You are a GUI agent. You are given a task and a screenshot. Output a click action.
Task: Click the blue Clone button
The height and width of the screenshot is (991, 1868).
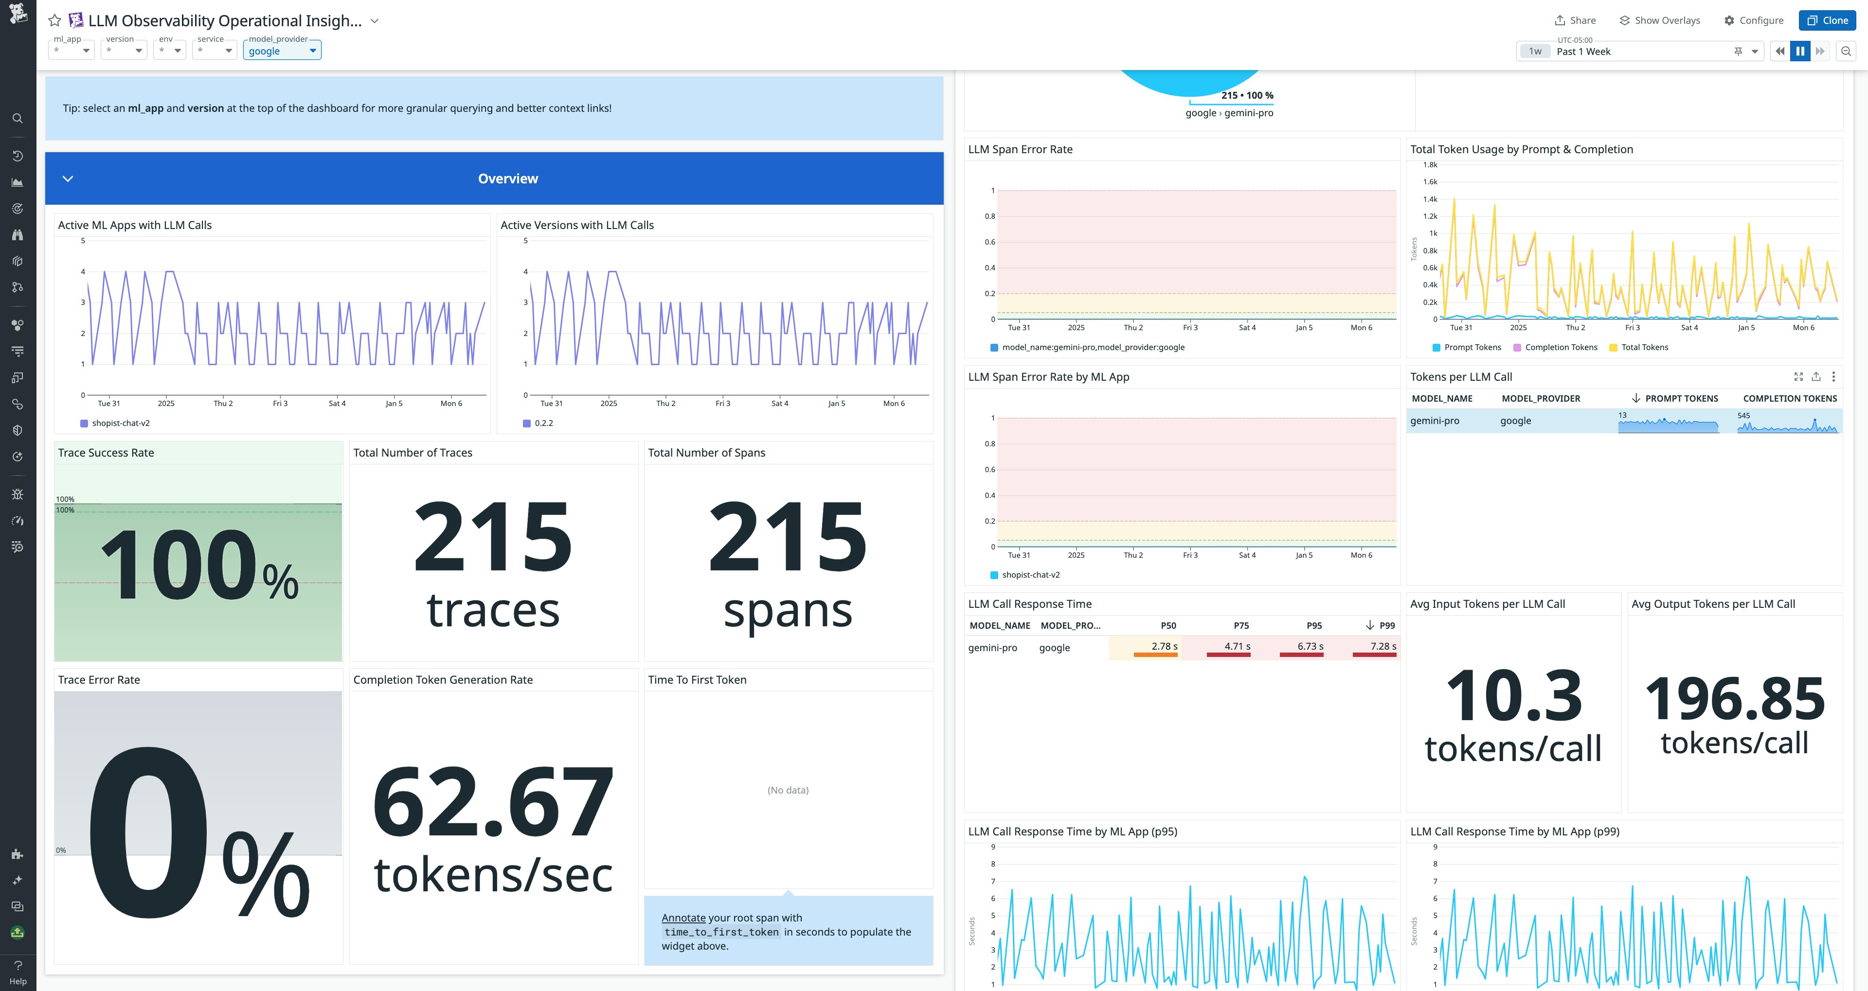tap(1827, 20)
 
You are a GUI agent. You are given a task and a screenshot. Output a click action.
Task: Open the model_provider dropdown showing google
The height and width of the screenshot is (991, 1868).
tap(282, 51)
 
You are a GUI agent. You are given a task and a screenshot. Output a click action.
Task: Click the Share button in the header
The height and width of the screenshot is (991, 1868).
tap(1575, 20)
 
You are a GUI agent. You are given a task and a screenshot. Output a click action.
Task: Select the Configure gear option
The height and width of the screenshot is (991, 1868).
tap(1753, 20)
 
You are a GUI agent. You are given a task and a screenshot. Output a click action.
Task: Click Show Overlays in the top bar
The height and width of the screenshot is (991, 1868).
tap(1660, 20)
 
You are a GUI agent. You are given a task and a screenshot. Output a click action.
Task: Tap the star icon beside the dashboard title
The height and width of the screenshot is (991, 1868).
tap(54, 20)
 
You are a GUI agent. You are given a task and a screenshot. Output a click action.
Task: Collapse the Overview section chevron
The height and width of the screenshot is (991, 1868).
tap(68, 178)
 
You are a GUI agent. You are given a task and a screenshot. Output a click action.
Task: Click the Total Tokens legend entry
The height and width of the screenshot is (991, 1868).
tap(1644, 347)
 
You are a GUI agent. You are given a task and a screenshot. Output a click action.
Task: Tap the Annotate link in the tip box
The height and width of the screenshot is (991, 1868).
tap(683, 918)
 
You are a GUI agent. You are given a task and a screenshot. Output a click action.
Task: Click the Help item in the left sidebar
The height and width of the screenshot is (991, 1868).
tap(18, 972)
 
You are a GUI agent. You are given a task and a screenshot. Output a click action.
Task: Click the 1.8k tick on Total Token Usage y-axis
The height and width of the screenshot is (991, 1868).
tap(1430, 164)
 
